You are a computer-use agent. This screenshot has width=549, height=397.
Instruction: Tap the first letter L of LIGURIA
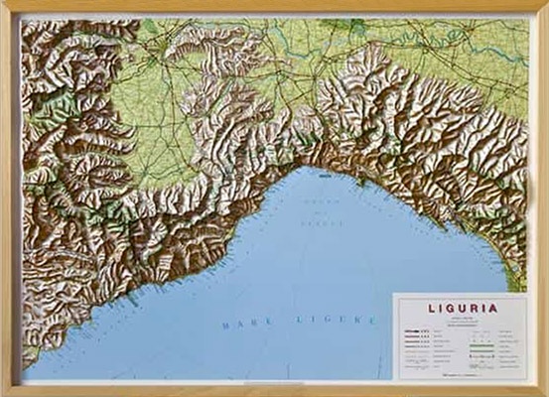point(432,309)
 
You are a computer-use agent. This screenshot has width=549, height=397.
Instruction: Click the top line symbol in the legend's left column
point(414,331)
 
